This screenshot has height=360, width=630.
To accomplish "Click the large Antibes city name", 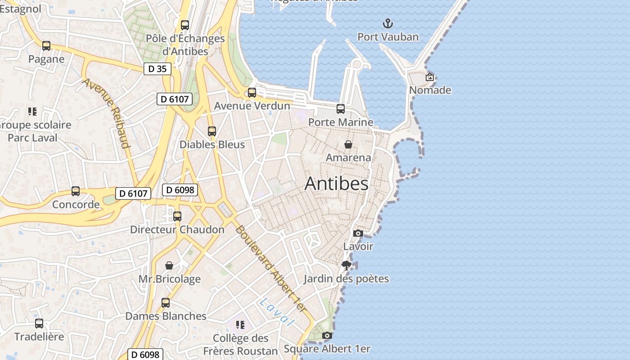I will click(x=337, y=184).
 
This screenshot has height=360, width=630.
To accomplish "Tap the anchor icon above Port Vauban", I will click(x=387, y=23).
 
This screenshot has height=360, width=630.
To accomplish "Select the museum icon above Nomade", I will click(x=430, y=77).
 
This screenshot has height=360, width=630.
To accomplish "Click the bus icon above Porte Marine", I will click(x=341, y=108).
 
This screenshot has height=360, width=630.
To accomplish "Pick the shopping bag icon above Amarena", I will click(x=348, y=144).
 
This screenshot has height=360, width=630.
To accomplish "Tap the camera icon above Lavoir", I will click(x=358, y=233).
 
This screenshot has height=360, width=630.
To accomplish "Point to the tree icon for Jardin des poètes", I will click(x=346, y=265).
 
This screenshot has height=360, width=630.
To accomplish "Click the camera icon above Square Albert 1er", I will click(x=327, y=335).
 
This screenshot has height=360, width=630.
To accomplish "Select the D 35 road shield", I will click(x=157, y=69).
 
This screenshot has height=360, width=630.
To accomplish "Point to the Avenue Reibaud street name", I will click(x=107, y=113).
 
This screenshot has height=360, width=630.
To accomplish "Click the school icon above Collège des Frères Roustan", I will click(x=240, y=324).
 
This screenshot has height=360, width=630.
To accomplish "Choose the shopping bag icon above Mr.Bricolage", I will click(x=169, y=265).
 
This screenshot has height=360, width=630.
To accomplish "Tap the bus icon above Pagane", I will click(x=46, y=45).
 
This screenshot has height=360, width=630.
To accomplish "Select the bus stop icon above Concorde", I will click(x=76, y=191).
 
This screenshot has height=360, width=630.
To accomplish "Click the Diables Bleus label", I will click(x=212, y=144).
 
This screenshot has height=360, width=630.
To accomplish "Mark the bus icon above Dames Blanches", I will click(x=166, y=302).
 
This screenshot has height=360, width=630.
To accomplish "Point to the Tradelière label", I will click(x=39, y=337).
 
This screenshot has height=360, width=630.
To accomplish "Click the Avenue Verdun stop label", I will click(x=252, y=106).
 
